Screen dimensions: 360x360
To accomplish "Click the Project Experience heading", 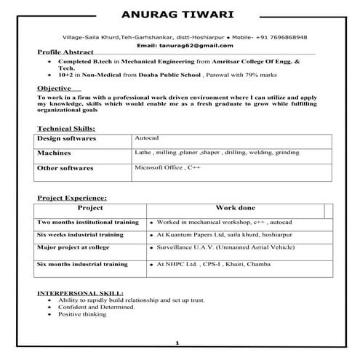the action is click(71, 198).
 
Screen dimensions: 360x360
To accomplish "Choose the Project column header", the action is click(89, 208).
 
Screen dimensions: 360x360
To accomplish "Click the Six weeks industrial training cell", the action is click(80, 235).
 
